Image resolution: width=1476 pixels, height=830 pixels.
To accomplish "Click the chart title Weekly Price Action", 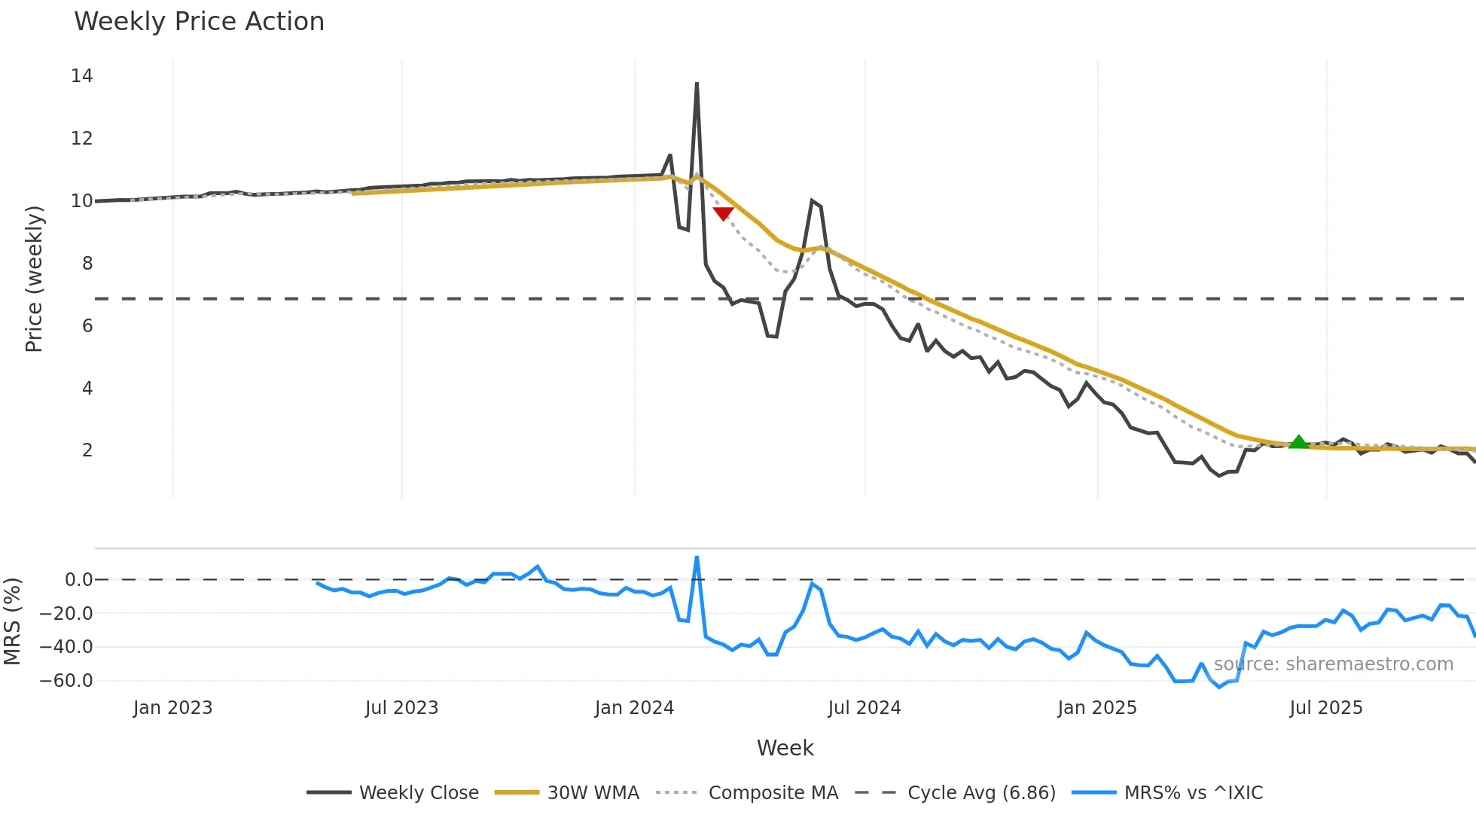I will coord(199,22).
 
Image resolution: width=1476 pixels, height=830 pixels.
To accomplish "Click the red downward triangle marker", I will coord(723,214).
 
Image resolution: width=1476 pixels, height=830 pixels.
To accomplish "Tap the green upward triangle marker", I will coord(1298,442).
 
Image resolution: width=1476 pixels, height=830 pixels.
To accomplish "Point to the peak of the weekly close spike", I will coord(697,84).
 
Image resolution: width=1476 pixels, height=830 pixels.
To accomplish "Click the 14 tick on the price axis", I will coord(82,75).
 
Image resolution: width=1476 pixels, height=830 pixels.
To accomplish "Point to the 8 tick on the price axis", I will coord(87,263).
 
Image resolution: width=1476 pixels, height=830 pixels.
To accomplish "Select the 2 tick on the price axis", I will coord(87,450).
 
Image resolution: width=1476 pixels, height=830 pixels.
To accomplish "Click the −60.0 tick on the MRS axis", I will coord(66,681).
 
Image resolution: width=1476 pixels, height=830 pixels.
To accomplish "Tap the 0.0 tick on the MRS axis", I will coord(78,580).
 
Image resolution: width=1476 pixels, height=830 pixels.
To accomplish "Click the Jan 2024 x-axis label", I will coord(634,708).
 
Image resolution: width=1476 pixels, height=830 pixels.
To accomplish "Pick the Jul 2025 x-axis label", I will coord(1325,708).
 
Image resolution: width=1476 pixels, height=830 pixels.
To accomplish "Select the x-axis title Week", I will coord(785,748).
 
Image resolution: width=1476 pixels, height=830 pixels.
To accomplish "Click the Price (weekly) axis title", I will coord(34,279).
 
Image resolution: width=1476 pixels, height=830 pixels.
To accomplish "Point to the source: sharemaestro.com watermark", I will coord(1333,664).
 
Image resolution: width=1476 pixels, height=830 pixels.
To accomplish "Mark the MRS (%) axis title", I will coord(12,621).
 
